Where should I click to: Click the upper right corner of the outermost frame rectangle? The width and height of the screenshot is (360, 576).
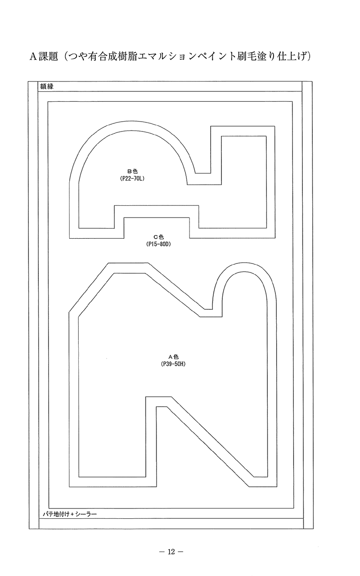click(x=312, y=81)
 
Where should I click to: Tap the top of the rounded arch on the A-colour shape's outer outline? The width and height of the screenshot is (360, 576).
click(x=245, y=263)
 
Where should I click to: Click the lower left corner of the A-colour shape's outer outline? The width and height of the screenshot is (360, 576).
click(x=69, y=487)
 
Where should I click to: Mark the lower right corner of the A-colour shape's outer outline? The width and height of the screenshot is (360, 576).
click(x=277, y=487)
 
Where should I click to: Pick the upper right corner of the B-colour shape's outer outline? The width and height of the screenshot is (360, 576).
click(x=274, y=126)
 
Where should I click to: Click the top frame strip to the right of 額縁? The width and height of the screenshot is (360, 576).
click(x=178, y=86)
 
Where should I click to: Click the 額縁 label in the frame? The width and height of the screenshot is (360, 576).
click(x=47, y=86)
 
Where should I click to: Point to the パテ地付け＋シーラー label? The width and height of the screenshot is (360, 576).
click(x=70, y=514)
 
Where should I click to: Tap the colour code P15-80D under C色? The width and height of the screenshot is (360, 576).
click(x=158, y=244)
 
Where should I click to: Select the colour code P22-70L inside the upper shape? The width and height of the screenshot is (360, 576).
click(x=132, y=178)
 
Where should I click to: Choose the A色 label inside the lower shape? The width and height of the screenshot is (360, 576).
click(x=173, y=357)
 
